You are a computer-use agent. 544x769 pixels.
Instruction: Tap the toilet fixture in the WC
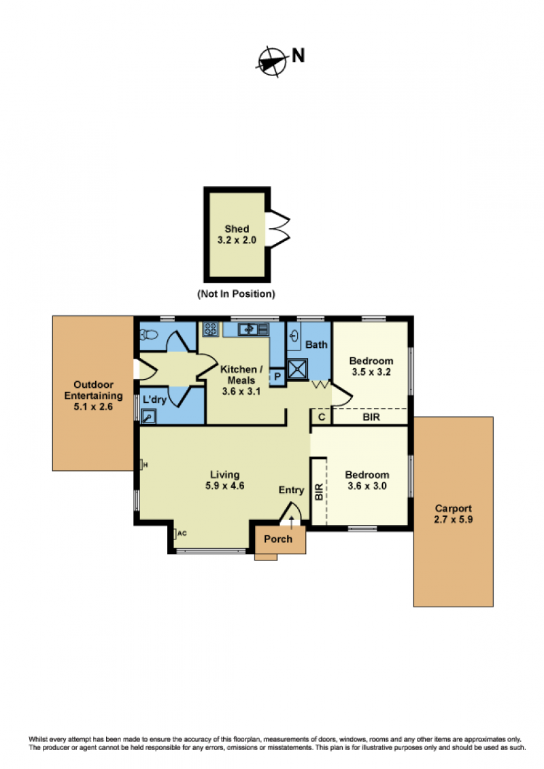pos(149,334)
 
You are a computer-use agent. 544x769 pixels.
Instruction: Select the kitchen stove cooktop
pos(211,329)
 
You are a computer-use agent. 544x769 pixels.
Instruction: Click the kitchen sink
pos(254,329)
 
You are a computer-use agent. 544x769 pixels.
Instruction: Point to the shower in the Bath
pos(297,370)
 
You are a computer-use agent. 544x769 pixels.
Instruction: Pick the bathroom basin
pos(294,336)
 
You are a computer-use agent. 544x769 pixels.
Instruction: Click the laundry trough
pos(148,416)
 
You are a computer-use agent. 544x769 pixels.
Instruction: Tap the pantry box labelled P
pos(277,376)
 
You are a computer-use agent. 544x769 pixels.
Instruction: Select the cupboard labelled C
pos(322,417)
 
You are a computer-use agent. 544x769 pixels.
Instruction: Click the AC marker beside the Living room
pos(180,533)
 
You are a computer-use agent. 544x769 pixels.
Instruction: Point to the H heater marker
pos(144,465)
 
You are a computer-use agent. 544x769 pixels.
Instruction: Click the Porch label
pos(278,539)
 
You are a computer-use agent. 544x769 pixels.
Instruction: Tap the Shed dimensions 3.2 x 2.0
pos(237,240)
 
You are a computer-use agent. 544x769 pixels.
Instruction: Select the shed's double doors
pos(278,228)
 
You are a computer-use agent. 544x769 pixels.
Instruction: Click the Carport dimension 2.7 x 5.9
pos(453,520)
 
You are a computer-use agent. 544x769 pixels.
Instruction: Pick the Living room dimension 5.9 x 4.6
pos(225,486)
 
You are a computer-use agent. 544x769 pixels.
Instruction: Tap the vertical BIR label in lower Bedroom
pos(319,492)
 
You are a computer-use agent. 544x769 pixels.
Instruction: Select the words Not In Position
pos(236,293)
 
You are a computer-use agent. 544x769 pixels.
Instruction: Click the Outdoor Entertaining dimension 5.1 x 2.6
pos(93,406)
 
